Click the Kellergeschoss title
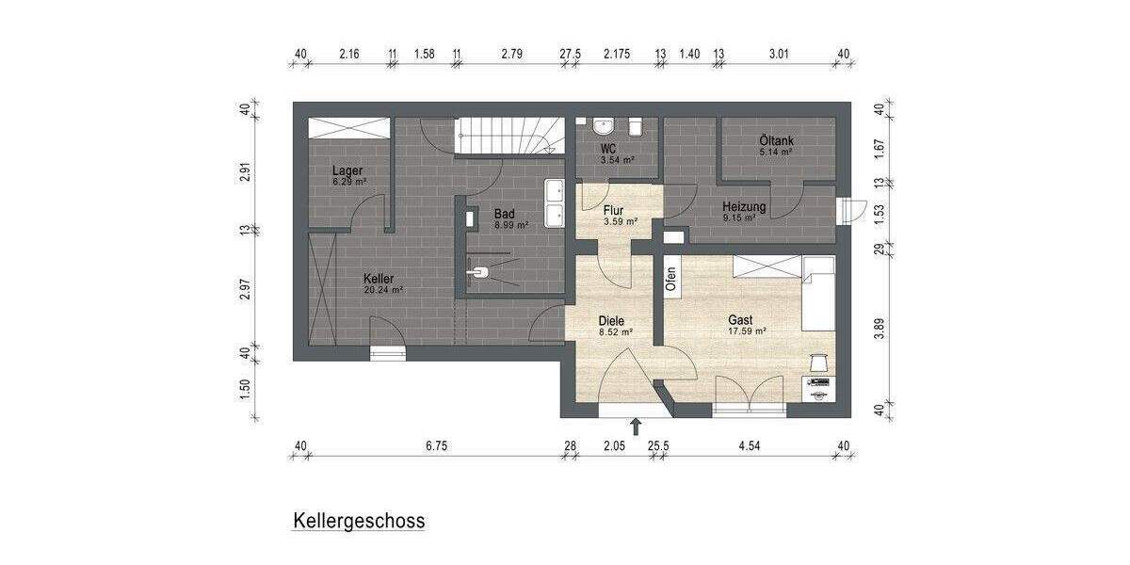[x=359, y=521]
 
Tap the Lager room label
[x=347, y=170]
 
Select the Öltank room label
[x=776, y=140]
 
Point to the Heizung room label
[x=744, y=207]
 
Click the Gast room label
[x=740, y=320]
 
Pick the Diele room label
[x=612, y=321]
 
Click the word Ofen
[x=671, y=279]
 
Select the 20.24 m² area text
[x=383, y=290]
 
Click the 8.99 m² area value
[x=511, y=225]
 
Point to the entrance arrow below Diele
[x=637, y=427]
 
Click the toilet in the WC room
[x=637, y=126]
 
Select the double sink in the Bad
[x=554, y=203]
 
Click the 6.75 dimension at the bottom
[x=435, y=445]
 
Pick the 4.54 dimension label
[x=750, y=445]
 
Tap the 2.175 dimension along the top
[x=617, y=55]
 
